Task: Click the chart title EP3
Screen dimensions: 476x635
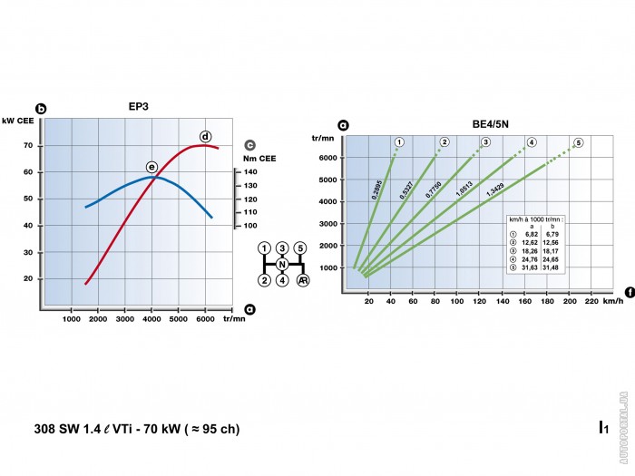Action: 139,106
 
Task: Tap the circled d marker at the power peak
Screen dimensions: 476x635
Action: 205,136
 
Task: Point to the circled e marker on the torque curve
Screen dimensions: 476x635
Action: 151,167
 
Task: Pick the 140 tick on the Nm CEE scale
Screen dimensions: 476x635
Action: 250,171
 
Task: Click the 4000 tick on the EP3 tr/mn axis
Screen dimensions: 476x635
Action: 151,318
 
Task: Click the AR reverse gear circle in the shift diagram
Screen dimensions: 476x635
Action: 302,280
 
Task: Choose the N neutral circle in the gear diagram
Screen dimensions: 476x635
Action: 282,264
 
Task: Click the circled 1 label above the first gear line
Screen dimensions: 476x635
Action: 397,142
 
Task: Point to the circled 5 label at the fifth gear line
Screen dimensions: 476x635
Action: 578,142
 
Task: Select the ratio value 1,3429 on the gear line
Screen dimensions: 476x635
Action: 495,190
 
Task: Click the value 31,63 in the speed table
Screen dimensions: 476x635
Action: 532,266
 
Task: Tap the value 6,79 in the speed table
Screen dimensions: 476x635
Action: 558,235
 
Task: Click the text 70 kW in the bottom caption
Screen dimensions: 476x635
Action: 148,428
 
